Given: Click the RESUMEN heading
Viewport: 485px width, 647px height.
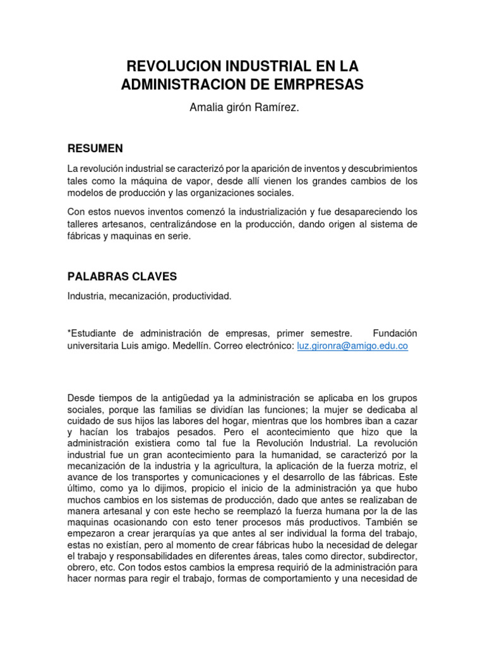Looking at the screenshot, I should pos(95,148).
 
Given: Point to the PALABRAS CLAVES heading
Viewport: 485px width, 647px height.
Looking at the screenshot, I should pos(123,277).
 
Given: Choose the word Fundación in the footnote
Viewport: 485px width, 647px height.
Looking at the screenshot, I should pos(395,333).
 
